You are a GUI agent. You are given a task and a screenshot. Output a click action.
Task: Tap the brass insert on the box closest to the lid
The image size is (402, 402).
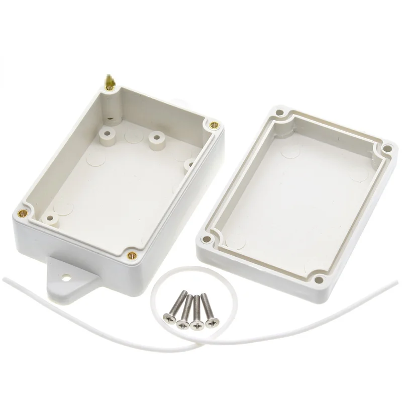click(213, 124)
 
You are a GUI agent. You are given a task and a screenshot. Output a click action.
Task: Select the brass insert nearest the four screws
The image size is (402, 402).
click(132, 255)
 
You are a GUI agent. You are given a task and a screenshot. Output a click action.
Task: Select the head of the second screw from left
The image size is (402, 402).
click(181, 321)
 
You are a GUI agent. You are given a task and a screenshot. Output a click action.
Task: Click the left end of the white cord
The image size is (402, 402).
click(4, 278)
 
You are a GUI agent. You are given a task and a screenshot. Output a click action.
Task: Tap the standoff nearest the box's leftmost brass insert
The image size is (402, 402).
click(50, 219)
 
